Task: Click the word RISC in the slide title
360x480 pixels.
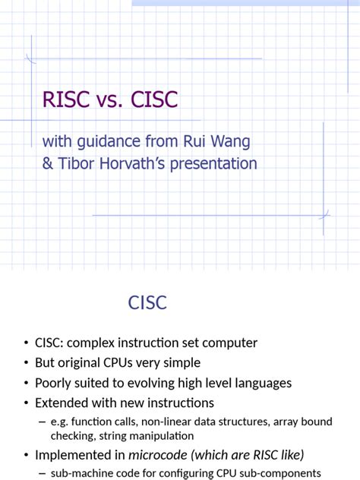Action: coord(66,99)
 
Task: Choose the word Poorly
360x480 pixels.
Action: coord(55,383)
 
